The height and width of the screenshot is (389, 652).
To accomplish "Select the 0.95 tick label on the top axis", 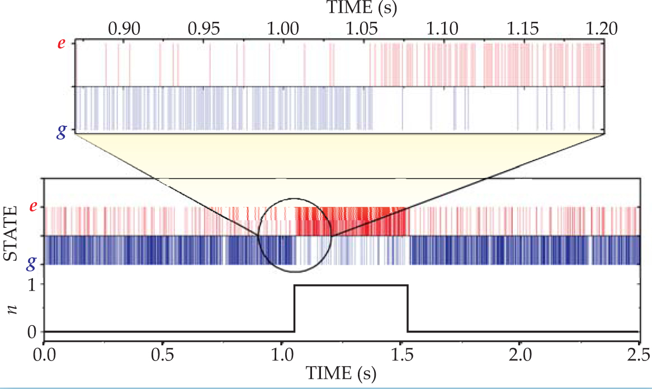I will (x=202, y=29).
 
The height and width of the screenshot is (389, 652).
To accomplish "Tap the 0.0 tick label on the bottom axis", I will (x=44, y=355).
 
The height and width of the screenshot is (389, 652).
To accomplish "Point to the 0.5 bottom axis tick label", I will (x=163, y=355).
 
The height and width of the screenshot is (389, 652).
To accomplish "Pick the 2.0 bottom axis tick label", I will (x=519, y=355).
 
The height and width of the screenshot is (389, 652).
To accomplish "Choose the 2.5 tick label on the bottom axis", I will (x=638, y=355).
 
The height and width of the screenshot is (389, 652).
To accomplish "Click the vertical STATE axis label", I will (x=11, y=235).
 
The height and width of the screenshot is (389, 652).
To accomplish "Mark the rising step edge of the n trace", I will (x=294, y=308).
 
